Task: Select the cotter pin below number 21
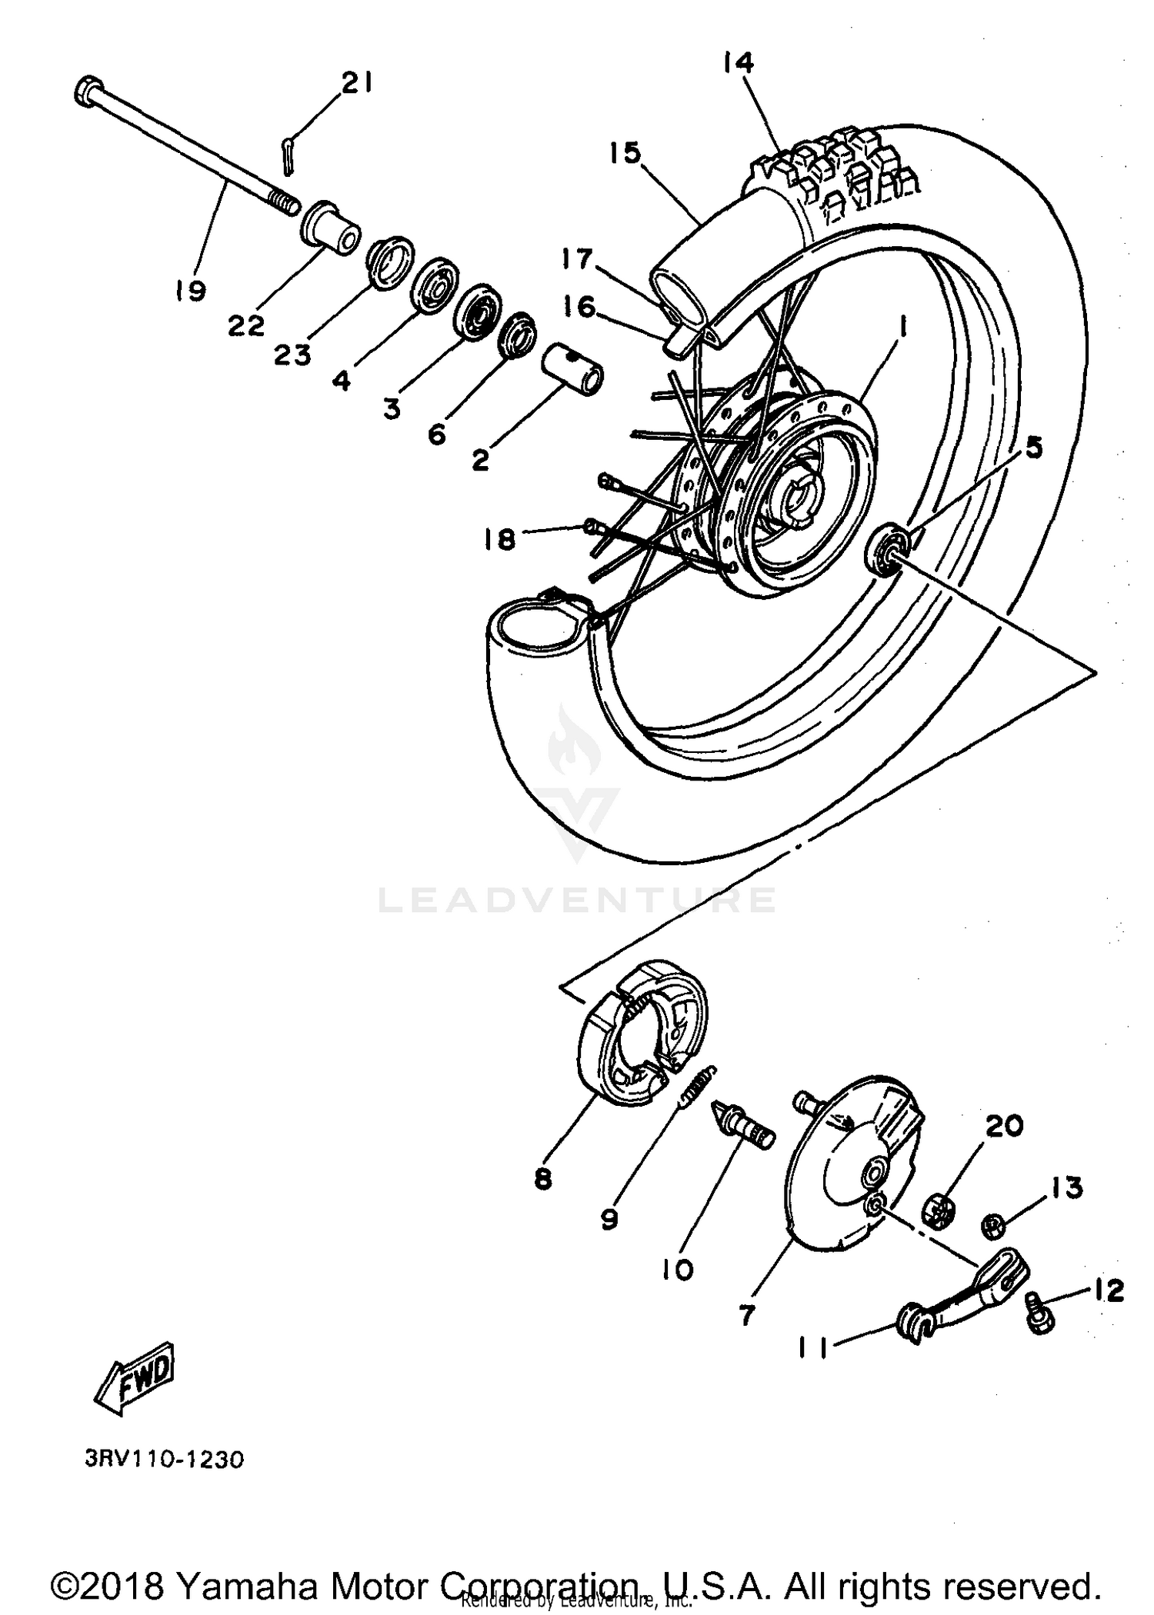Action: (287, 155)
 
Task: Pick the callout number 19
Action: (189, 291)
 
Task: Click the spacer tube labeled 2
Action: (573, 370)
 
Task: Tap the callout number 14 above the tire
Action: (738, 62)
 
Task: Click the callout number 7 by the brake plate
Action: (745, 1316)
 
